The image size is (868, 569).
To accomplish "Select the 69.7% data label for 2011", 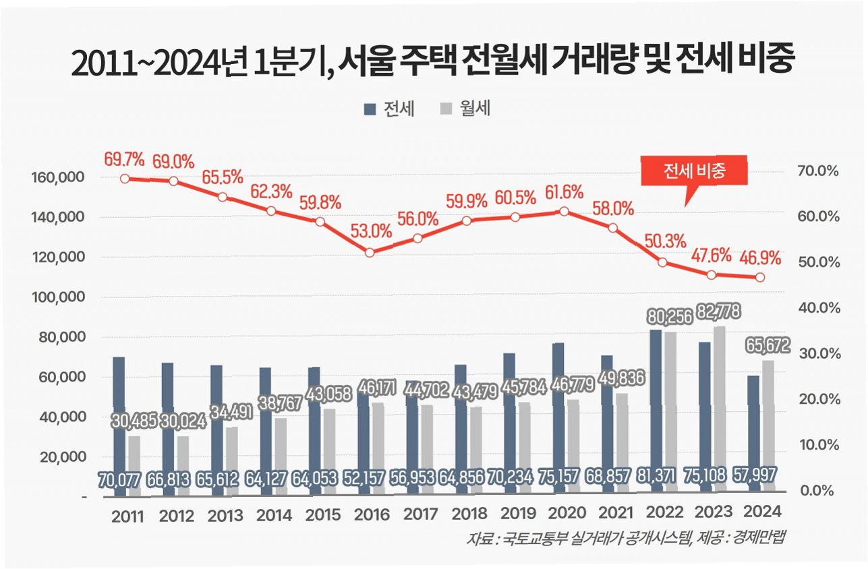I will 124,160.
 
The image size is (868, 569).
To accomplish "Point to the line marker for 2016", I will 370,252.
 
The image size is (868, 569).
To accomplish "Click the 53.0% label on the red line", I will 371,231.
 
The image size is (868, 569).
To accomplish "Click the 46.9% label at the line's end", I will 760,258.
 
